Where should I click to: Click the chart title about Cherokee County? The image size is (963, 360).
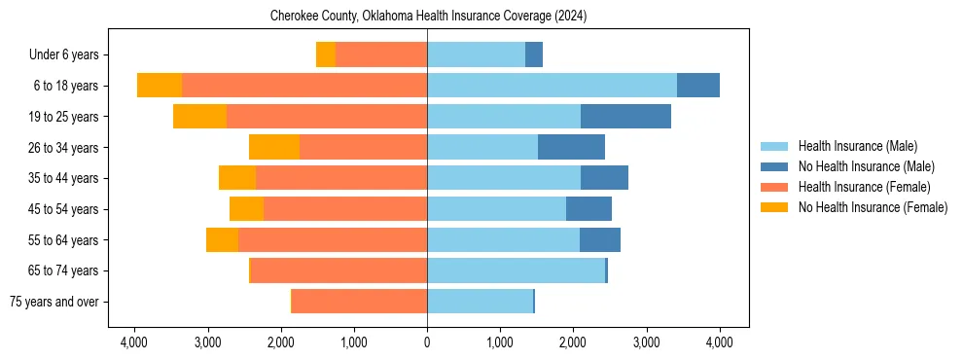tap(428, 17)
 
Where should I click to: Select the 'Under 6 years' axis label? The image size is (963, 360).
tap(70, 55)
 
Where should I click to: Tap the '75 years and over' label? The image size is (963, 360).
tap(59, 302)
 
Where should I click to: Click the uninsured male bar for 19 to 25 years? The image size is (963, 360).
tap(625, 117)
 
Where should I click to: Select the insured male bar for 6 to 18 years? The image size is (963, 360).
tap(552, 86)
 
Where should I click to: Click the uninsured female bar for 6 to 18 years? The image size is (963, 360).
tap(160, 86)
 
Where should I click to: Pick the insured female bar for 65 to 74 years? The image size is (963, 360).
tap(339, 270)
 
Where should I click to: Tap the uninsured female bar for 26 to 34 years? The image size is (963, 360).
tap(274, 148)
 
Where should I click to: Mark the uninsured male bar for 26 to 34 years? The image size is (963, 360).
tap(571, 148)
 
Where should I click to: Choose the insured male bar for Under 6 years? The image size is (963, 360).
tap(476, 55)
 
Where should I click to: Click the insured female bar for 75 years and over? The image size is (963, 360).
tap(359, 302)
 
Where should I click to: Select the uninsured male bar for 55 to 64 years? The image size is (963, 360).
tap(599, 240)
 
